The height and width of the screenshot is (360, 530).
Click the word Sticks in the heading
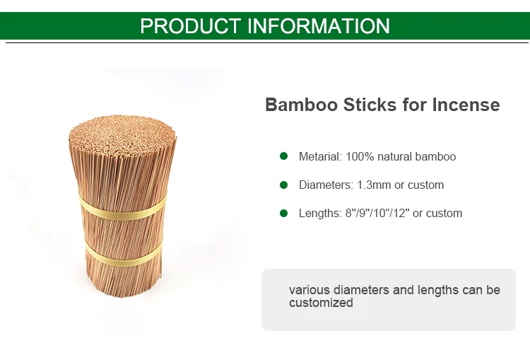click(367, 105)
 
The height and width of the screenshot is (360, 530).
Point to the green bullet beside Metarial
click(284, 156)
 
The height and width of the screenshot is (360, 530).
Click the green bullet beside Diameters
click(284, 185)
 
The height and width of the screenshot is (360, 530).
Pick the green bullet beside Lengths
click(284, 213)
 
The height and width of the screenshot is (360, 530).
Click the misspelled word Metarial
click(320, 157)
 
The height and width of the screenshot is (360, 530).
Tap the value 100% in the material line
click(360, 157)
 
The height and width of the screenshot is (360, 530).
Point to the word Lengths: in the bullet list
click(320, 214)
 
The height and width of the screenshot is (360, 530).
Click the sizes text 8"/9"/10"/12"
click(377, 214)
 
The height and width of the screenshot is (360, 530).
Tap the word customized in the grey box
click(321, 303)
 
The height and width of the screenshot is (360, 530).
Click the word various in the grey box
click(308, 290)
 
